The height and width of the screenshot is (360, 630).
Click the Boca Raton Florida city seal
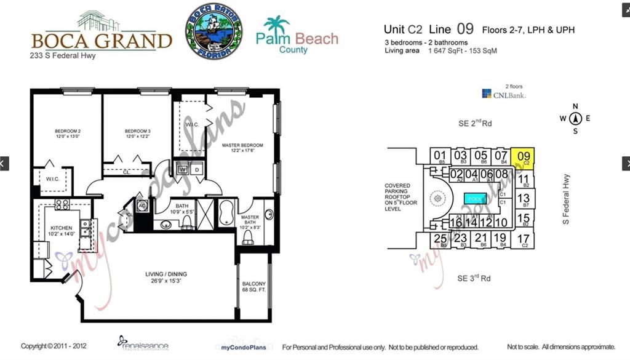[x=213, y=31]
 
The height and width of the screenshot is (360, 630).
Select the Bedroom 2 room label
[x=68, y=134]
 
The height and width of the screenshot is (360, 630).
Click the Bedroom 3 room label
[x=137, y=134]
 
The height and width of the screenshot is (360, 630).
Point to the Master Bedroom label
[x=242, y=148]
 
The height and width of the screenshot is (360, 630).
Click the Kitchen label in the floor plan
[x=61, y=231]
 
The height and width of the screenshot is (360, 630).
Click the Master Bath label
[x=249, y=220]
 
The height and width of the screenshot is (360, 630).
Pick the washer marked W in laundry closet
[x=183, y=169]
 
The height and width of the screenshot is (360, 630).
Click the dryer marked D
[x=196, y=169]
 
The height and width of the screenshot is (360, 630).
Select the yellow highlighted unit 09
[x=524, y=158]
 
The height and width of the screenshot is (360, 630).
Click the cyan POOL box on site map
[x=476, y=199]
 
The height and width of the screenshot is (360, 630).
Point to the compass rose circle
[x=575, y=118]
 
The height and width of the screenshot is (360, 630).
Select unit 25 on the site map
[x=440, y=239]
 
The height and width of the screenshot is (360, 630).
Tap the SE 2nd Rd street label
[x=475, y=123]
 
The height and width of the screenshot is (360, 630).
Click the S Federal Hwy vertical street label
[x=566, y=199]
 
